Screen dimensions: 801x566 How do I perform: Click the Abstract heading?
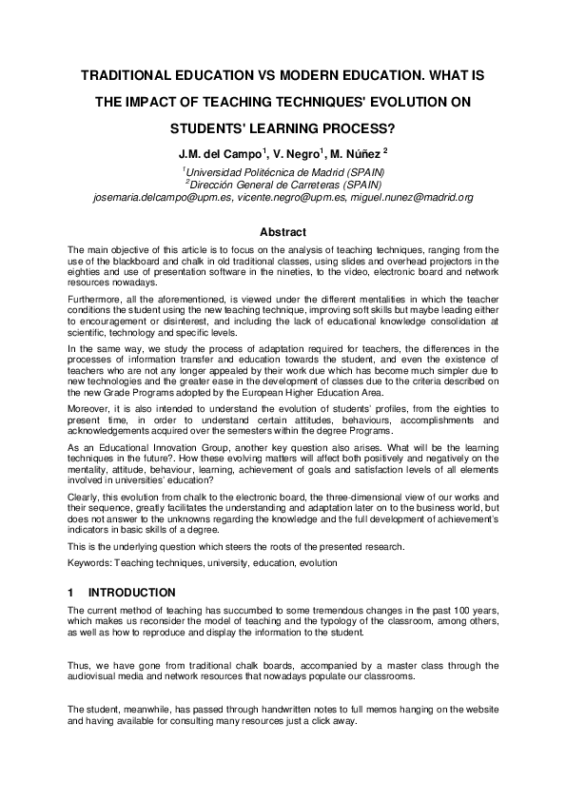[283, 232]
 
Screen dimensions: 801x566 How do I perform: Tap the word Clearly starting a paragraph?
[85, 497]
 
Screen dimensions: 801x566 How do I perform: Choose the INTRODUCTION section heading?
[131, 593]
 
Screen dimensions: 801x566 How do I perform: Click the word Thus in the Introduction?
[78, 666]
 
